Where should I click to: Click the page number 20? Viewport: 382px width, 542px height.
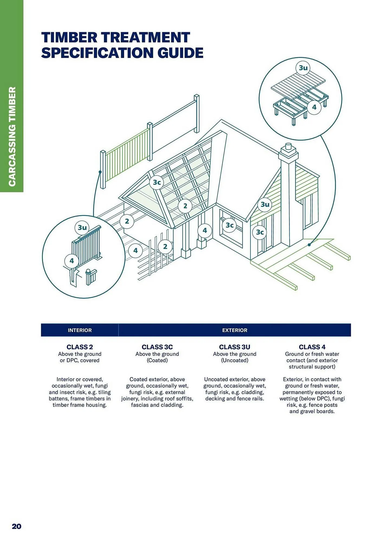(17, 526)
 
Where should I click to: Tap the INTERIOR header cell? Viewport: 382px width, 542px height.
(80, 330)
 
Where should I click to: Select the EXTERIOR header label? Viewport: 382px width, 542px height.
(235, 330)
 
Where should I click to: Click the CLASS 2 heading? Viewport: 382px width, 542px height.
(80, 347)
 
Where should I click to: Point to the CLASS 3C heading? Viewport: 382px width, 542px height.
(157, 347)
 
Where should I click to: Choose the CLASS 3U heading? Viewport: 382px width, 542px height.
(235, 347)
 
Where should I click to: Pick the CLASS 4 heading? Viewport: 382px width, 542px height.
(312, 347)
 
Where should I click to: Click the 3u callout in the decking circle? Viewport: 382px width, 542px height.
(303, 68)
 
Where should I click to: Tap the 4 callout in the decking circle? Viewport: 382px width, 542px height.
(314, 107)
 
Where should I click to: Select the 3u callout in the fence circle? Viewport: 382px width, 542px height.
(82, 227)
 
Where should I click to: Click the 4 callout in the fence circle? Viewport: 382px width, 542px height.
(72, 261)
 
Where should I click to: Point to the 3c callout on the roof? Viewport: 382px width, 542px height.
(157, 182)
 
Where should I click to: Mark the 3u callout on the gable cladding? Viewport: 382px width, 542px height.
(265, 204)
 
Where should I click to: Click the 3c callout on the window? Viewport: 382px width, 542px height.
(230, 225)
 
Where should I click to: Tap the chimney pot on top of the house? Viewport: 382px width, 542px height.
(288, 147)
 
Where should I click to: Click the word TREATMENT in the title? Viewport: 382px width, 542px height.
(143, 37)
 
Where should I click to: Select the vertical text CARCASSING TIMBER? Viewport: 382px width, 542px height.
(12, 136)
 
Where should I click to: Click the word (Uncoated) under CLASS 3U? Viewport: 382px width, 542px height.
(235, 360)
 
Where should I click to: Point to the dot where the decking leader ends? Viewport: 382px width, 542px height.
(309, 245)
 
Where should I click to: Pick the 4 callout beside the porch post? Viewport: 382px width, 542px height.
(205, 230)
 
